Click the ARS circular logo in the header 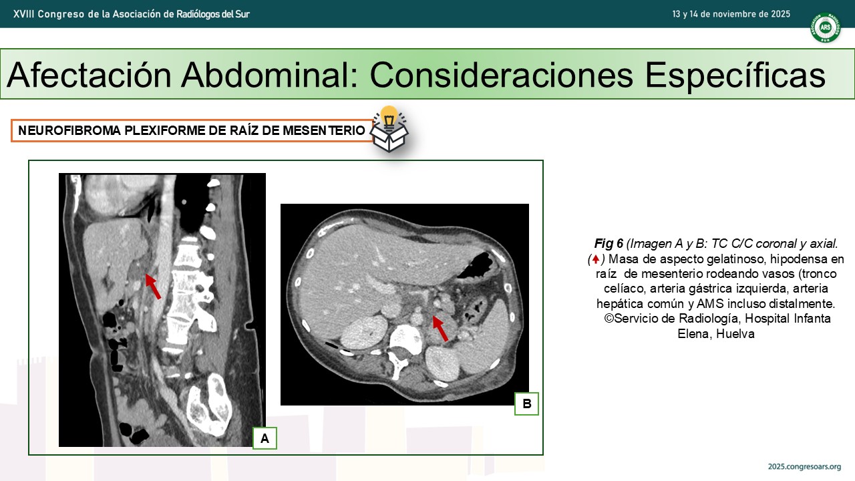pos(825,27)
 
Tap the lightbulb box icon pos(389,130)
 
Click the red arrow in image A pos(153,287)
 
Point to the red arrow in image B pos(440,328)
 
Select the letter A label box pos(265,438)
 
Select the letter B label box pos(527,404)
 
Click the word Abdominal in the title pos(269,75)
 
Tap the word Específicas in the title pos(735,75)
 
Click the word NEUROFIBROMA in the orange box pos(69,130)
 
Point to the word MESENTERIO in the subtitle pos(324,130)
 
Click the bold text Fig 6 pos(609,244)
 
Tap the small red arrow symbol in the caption pos(595,260)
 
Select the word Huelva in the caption pos(735,333)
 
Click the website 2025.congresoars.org pos(804,467)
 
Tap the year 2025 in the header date pos(780,14)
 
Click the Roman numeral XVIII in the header pos(24,14)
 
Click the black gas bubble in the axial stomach pos(476,265)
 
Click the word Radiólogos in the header pos(194,15)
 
